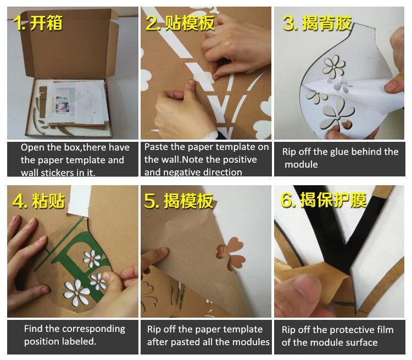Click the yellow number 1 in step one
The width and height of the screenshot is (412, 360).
[x=18, y=23]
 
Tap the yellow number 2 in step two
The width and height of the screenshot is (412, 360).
[x=152, y=23]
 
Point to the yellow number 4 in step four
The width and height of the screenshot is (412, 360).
[x=18, y=201]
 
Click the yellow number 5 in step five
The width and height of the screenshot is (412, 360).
[x=150, y=201]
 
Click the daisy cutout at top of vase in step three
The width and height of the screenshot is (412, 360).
[x=334, y=66]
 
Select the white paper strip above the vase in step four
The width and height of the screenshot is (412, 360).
[x=79, y=201]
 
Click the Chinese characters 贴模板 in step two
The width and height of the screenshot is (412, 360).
[x=189, y=23]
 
